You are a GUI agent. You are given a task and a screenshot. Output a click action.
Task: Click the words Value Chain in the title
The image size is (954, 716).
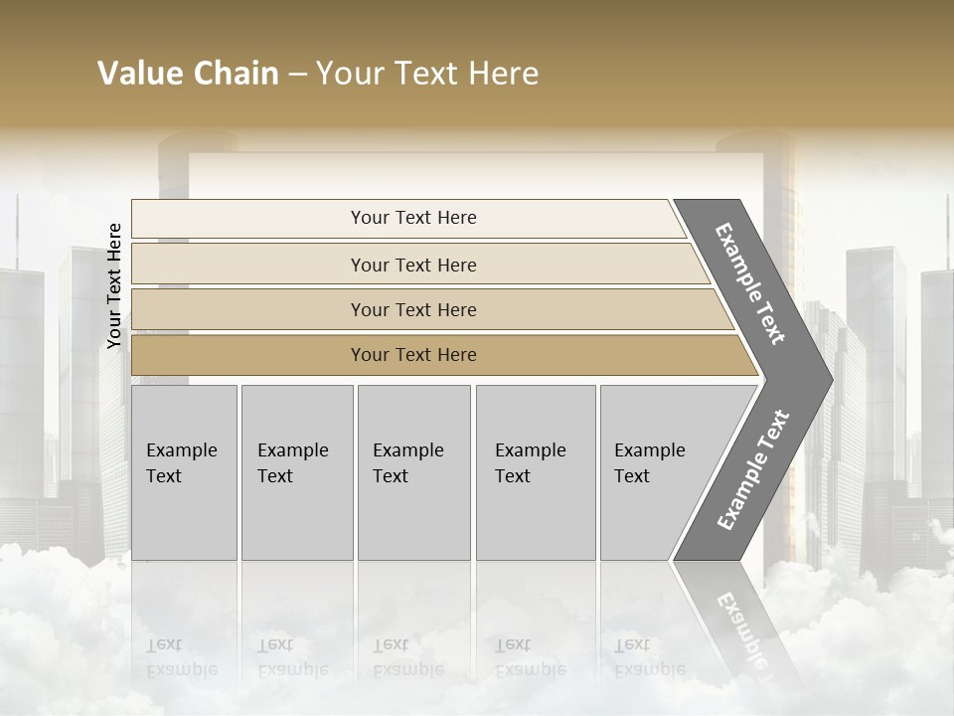coord(188,74)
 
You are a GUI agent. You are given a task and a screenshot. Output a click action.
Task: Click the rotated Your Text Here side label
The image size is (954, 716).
coord(114,286)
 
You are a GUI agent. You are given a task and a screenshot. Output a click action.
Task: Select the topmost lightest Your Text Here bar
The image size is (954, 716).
coord(412,218)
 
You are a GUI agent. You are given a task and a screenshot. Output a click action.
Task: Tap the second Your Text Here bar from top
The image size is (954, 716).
coord(412,265)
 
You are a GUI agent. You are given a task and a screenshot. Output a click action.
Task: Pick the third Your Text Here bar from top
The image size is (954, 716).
coord(412,309)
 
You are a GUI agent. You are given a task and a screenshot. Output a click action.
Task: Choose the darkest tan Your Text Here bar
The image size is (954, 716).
coord(412,355)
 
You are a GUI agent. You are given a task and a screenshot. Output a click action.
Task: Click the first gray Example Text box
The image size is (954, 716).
coord(184,472)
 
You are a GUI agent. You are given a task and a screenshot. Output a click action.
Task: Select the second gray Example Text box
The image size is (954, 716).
coord(296,472)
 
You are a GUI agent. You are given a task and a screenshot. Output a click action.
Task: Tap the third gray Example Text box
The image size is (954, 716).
coord(413,472)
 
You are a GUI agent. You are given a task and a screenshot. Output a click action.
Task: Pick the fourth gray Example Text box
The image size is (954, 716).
coord(535,472)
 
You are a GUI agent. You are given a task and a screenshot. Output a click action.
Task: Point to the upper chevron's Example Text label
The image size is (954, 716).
coord(750,283)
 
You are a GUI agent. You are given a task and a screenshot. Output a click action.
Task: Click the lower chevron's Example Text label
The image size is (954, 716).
coord(752,470)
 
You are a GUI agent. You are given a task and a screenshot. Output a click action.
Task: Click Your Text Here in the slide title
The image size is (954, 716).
coord(427,74)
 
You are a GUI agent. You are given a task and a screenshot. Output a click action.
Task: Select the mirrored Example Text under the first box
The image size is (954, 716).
coord(181,657)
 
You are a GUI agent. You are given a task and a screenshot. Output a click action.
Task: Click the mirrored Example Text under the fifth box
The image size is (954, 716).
coord(649,657)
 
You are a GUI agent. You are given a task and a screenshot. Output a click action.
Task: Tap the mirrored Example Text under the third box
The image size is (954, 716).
coord(407,657)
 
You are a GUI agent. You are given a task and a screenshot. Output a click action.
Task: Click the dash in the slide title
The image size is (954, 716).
coord(297,74)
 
